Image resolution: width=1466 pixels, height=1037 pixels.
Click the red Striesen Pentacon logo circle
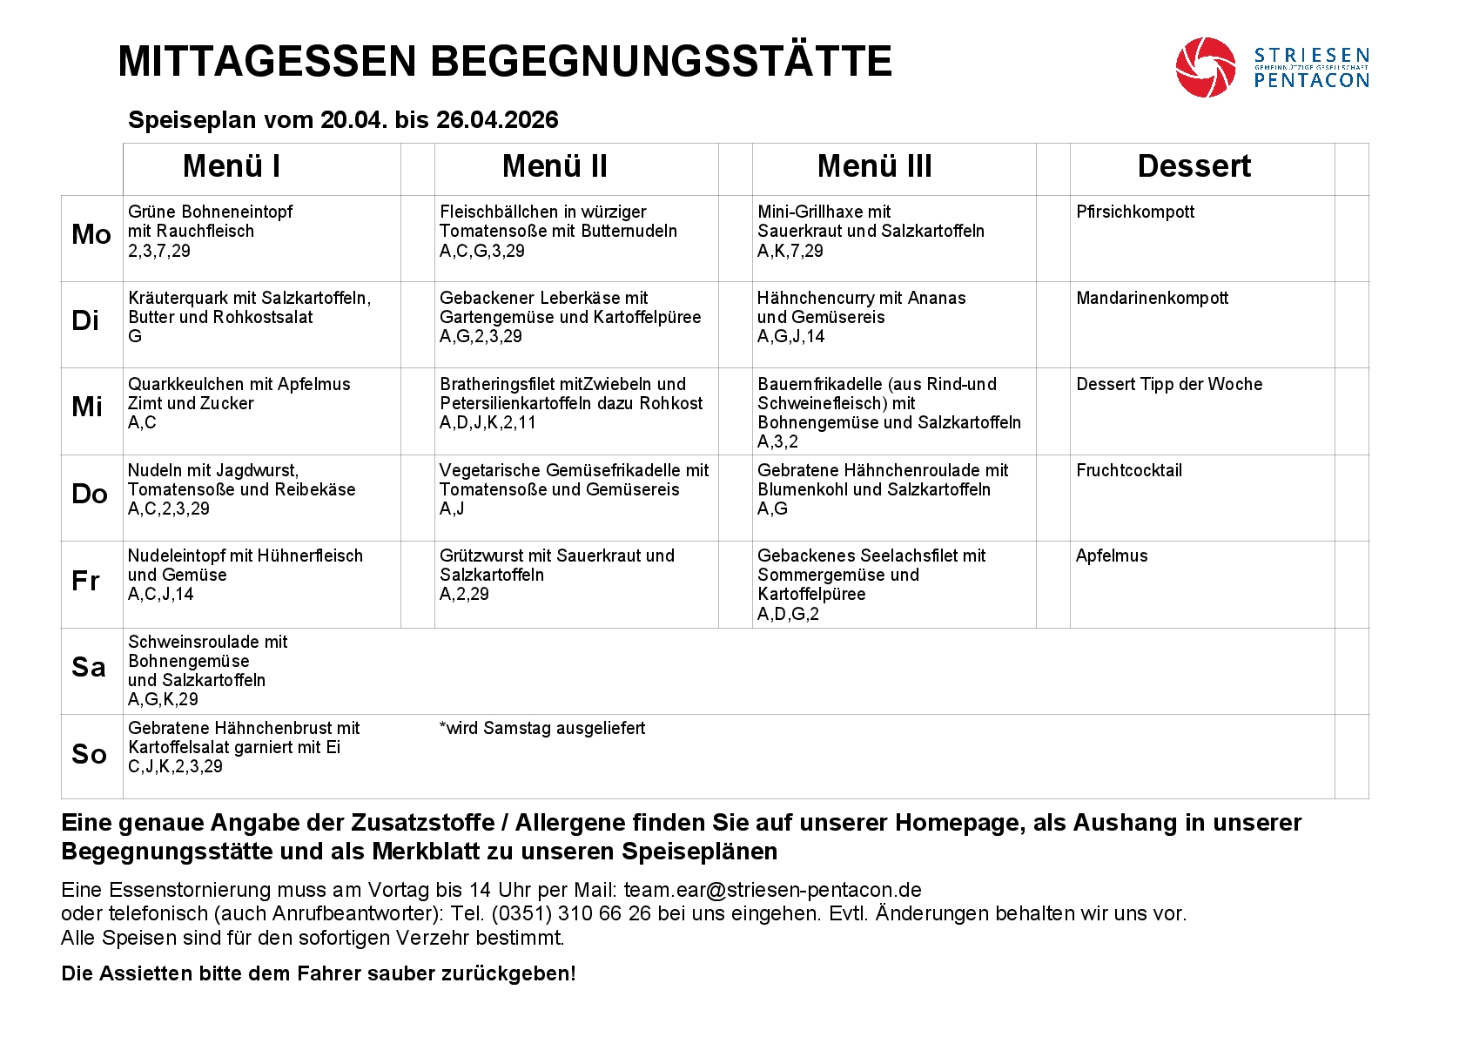point(1205,67)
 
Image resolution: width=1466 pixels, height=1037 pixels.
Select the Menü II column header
point(555,166)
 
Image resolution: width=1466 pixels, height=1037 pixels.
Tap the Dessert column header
point(1194,166)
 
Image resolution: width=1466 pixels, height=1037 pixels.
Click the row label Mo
point(91,234)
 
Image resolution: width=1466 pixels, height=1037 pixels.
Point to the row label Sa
point(89,668)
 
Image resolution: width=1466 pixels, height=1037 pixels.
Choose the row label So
point(89,754)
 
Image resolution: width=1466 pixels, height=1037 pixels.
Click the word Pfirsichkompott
point(1134,212)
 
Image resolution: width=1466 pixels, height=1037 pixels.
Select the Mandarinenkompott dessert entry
point(1152,298)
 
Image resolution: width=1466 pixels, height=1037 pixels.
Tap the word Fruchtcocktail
point(1128,470)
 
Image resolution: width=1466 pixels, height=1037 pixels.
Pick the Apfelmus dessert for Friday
point(1112,556)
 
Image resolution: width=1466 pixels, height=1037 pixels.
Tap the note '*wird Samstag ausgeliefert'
point(542,728)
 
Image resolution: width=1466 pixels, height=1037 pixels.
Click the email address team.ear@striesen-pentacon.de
point(772,890)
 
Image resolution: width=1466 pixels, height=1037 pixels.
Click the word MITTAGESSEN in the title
point(267,62)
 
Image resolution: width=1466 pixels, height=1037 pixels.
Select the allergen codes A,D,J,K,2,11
point(488,422)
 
